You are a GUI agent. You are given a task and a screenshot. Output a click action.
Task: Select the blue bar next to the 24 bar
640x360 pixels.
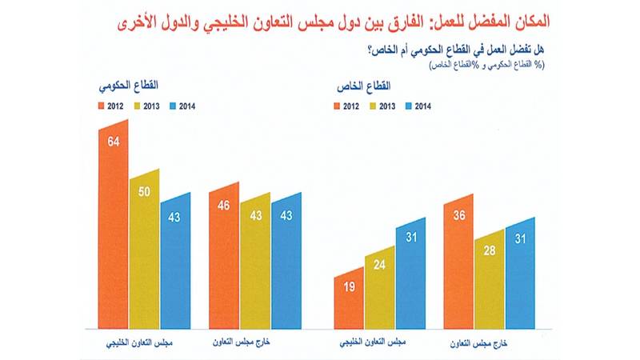[410, 276]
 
